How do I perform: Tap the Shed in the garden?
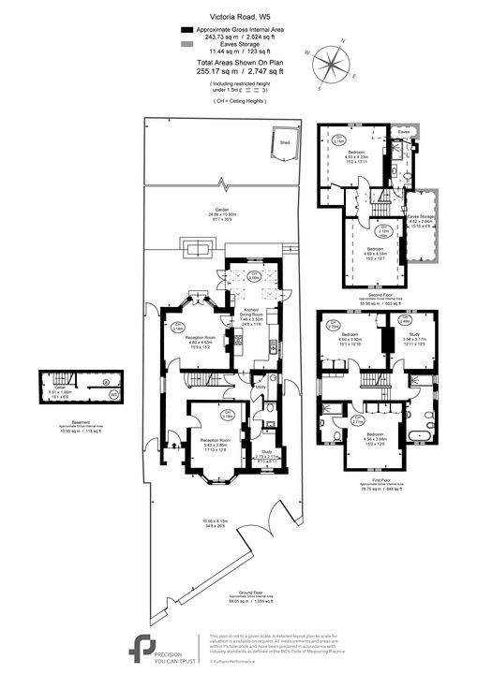(x=284, y=142)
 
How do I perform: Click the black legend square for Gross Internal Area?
(x=186, y=30)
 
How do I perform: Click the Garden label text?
(x=222, y=209)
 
